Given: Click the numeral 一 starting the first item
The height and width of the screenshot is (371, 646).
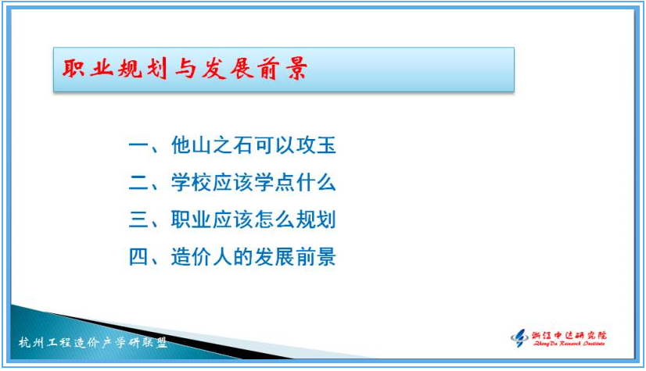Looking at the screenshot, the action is [138, 145].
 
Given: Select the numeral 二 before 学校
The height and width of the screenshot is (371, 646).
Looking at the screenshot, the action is [138, 183].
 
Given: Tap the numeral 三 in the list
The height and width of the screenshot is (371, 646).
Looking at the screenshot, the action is [138, 219].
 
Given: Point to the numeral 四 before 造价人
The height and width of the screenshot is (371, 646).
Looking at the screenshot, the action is [138, 257].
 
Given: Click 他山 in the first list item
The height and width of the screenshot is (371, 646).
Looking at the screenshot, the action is [191, 145].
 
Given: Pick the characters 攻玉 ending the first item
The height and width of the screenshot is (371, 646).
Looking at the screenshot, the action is [316, 145].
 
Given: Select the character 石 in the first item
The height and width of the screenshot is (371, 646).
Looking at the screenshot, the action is [243, 145].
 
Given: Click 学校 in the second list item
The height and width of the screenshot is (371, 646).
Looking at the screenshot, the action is [191, 182].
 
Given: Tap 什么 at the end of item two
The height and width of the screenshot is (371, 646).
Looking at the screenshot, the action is [316, 182].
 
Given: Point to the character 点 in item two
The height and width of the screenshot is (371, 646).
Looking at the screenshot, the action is [285, 182].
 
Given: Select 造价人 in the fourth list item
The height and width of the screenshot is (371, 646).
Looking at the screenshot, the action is [202, 257].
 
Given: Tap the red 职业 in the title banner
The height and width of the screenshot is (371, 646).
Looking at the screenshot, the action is [88, 67].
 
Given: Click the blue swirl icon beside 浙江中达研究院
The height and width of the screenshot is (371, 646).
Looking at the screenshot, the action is [519, 338].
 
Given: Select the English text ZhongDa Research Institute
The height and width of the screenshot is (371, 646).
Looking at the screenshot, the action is [569, 344].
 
